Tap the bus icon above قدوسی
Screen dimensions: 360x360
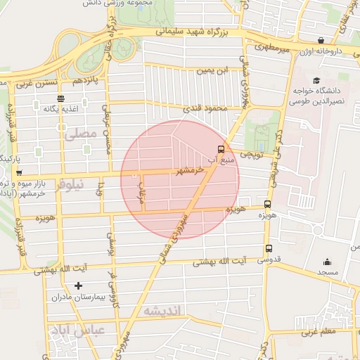tap(269, 248)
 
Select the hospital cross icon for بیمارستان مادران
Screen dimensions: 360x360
tap(77, 285)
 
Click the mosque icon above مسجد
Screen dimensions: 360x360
tap(327, 260)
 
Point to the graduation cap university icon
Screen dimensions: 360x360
tap(316, 81)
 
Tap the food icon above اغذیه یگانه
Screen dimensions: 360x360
tap(61, 98)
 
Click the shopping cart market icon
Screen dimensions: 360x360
tap(19, 172)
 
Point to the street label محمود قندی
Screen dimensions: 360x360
tap(203, 109)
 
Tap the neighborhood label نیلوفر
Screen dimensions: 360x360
tap(70, 184)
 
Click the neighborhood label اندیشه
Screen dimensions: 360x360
tap(162, 310)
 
